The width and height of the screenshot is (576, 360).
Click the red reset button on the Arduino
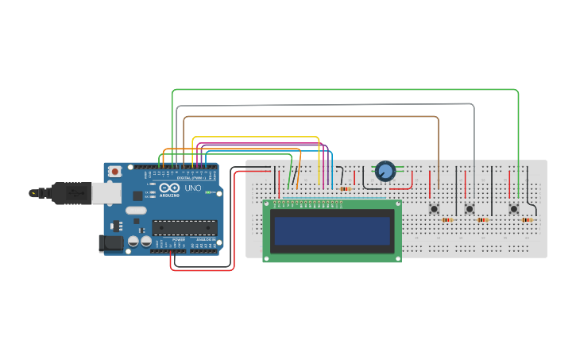[x=115, y=171]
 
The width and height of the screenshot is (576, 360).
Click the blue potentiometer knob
[x=385, y=170]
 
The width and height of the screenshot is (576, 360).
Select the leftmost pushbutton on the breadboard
[x=435, y=209]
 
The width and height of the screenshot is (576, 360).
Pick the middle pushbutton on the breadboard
[x=470, y=209]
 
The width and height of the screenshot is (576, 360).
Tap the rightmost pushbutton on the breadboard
[x=514, y=209]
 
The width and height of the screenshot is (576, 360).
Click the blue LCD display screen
[x=332, y=231]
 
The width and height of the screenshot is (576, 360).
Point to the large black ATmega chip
[x=184, y=227]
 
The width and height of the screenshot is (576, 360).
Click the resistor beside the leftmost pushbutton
[x=447, y=220]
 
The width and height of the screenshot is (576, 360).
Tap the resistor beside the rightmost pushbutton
[x=527, y=220]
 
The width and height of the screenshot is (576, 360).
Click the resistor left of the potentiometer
[x=345, y=189]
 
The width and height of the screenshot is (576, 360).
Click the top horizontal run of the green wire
[x=342, y=90]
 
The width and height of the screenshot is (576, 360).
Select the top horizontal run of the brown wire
[x=310, y=117]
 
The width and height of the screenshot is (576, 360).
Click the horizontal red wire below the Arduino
[x=203, y=270]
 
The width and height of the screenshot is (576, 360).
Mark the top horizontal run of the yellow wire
[x=254, y=137]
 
